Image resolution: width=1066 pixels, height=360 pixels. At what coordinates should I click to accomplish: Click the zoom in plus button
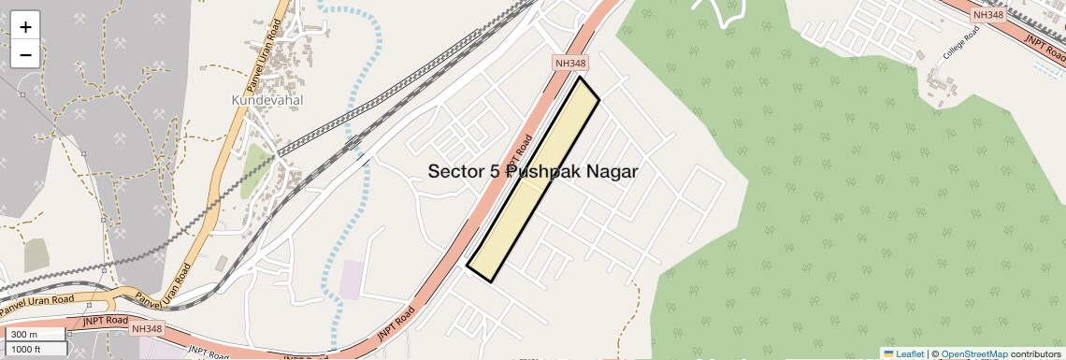coord(25,26)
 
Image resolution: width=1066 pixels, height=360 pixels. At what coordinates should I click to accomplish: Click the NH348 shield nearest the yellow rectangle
coord(570,63)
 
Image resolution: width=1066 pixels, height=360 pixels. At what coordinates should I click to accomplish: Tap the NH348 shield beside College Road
coord(987,15)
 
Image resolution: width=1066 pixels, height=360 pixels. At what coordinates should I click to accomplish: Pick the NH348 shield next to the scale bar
coord(147,328)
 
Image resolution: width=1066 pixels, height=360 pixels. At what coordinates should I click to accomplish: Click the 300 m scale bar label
coord(25,335)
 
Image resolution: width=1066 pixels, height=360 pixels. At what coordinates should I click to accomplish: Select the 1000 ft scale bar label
coord(29,348)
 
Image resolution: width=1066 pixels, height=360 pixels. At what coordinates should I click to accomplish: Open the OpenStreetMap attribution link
coord(973,353)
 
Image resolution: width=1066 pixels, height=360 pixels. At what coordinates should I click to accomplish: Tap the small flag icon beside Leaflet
coord(888,353)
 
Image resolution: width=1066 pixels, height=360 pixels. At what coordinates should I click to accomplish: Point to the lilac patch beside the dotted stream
coord(352,280)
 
